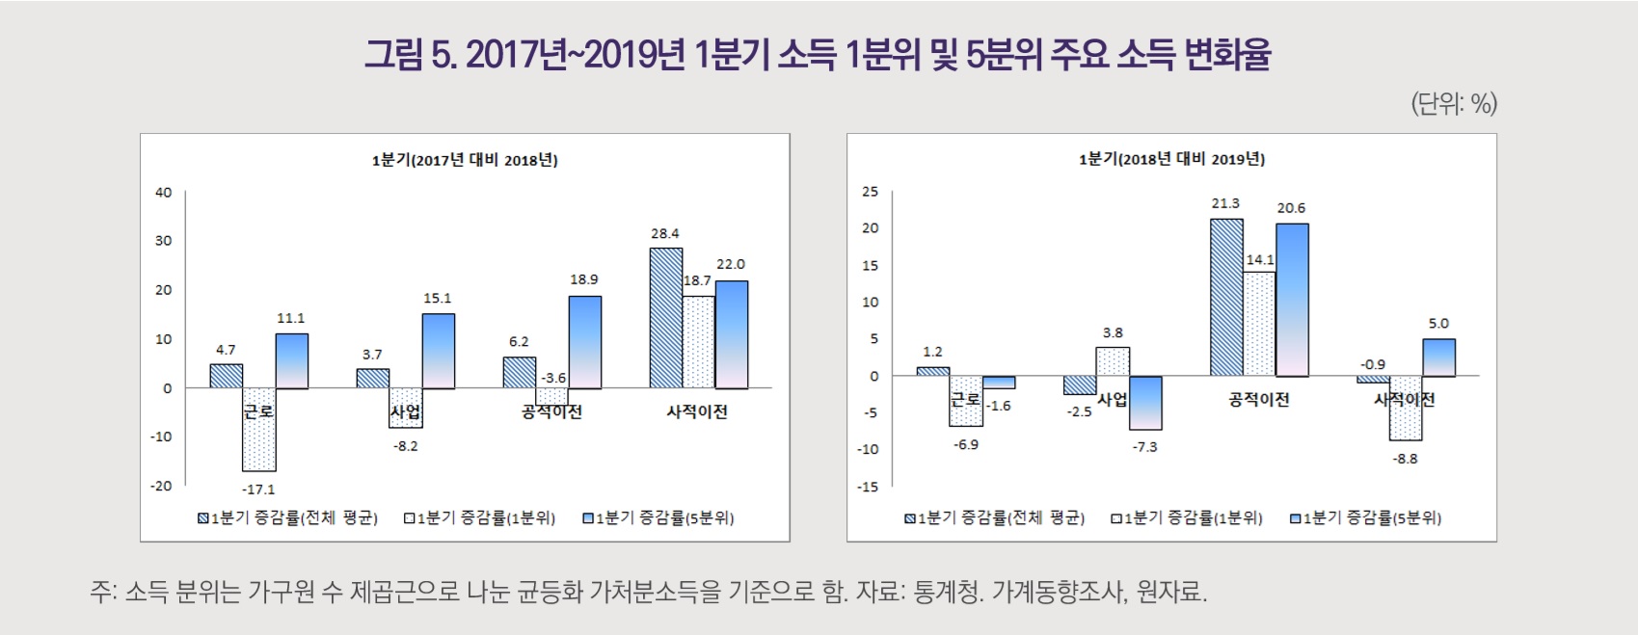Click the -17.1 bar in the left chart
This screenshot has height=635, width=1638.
pyautogui.click(x=259, y=429)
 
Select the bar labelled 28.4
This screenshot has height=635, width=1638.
pyautogui.click(x=666, y=318)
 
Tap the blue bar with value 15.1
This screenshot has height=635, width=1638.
pyautogui.click(x=438, y=351)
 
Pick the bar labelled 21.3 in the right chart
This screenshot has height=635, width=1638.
pyautogui.click(x=1226, y=297)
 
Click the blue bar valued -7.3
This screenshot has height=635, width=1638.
pyautogui.click(x=1145, y=403)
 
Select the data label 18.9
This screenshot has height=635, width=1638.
pyautogui.click(x=584, y=279)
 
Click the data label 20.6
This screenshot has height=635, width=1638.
pyautogui.click(x=1291, y=208)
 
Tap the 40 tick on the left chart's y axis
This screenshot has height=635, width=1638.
pyautogui.click(x=163, y=193)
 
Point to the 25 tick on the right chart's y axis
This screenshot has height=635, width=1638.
pyautogui.click(x=870, y=192)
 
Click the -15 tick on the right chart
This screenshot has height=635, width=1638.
pyautogui.click(x=868, y=487)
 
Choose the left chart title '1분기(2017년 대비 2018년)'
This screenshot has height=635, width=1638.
pyautogui.click(x=465, y=160)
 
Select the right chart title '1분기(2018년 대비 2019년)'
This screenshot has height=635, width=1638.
pyautogui.click(x=1171, y=159)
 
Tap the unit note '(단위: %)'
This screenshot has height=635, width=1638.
pyautogui.click(x=1453, y=103)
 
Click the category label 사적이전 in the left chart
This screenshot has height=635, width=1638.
pyautogui.click(x=697, y=411)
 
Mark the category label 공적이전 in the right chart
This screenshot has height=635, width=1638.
pyautogui.click(x=1258, y=399)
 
